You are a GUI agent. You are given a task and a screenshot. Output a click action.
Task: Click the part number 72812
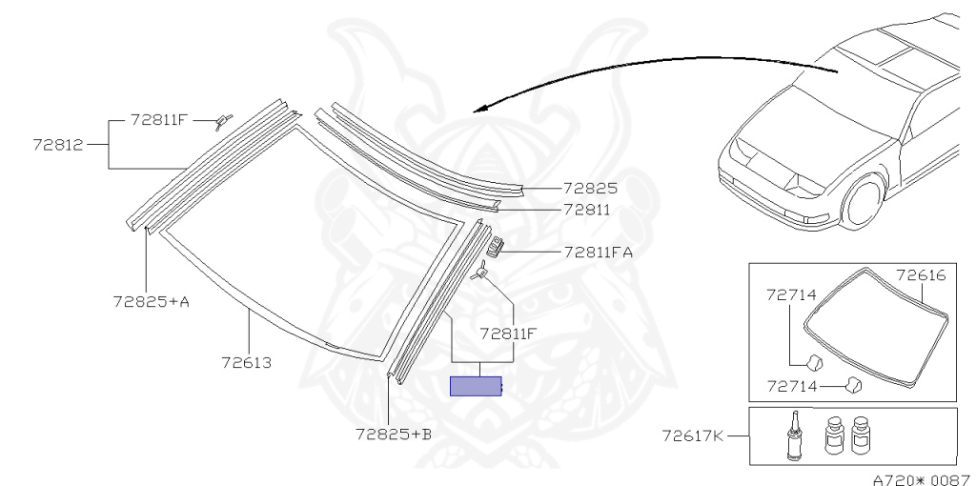click(57, 145)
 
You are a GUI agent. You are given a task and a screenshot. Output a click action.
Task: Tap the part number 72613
click(247, 363)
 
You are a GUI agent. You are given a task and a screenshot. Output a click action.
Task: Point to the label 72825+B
click(394, 434)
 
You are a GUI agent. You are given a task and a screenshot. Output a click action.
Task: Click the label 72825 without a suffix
click(590, 189)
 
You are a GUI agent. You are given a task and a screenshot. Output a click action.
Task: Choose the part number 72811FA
click(598, 253)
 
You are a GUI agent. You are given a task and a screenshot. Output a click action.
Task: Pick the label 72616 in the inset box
click(920, 274)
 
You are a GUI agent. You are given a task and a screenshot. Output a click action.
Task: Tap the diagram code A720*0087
click(921, 478)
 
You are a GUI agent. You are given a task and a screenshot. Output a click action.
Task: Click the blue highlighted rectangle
click(476, 386)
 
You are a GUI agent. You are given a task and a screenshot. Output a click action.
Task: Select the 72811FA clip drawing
click(495, 248)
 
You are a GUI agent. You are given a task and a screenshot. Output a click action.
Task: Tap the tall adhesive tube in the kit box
click(791, 435)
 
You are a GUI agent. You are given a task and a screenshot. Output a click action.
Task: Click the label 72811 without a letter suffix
click(586, 209)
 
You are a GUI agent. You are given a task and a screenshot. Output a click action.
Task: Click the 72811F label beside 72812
click(159, 121)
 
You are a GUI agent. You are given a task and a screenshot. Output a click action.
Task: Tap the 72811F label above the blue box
click(507, 334)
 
